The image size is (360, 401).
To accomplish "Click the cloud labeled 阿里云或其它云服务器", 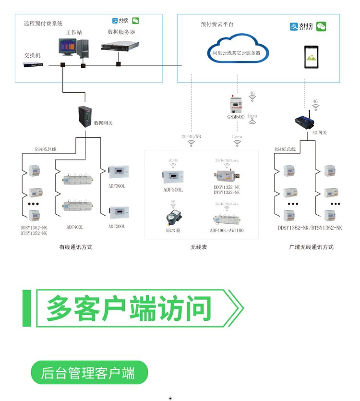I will pyautogui.click(x=236, y=51).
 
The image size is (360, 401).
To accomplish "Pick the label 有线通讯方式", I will pyautogui.click(x=75, y=247).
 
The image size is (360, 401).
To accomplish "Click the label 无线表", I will pyautogui.click(x=198, y=247).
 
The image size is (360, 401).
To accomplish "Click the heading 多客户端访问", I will pyautogui.click(x=129, y=308).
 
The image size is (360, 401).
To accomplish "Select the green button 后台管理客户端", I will pyautogui.click(x=88, y=373).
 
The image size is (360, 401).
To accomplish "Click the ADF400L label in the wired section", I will pyautogui.click(x=75, y=227).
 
